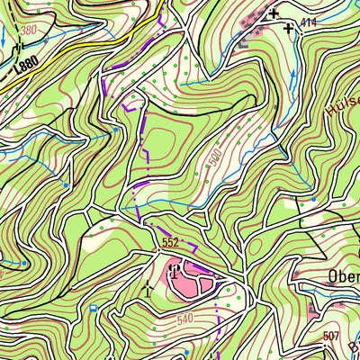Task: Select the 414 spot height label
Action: point(310,22)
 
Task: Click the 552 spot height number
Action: point(172,243)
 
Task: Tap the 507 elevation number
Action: point(331,337)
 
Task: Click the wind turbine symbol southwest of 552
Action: point(148,289)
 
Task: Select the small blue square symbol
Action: point(93,309)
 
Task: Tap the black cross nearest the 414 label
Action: point(288,29)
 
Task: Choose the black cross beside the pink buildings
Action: point(273,13)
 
